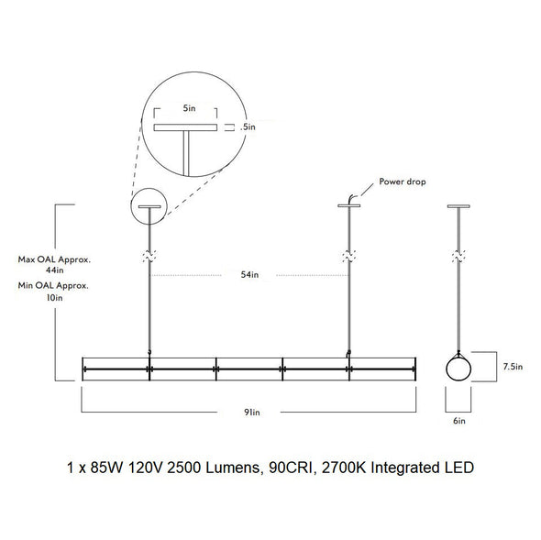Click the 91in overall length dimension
point(252,412)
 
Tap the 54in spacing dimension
point(249,275)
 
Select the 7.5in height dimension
point(513,367)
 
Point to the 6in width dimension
point(459,421)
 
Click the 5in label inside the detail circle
point(189,108)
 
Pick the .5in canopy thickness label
point(248,127)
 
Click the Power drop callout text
point(403,182)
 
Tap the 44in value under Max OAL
point(55,270)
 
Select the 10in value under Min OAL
point(54,297)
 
